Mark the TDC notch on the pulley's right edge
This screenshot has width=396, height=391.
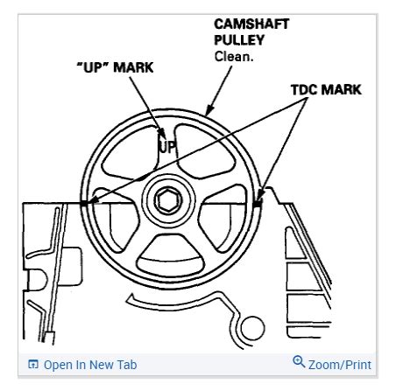coord(256,202)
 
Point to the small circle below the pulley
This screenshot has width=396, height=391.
coord(253,331)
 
